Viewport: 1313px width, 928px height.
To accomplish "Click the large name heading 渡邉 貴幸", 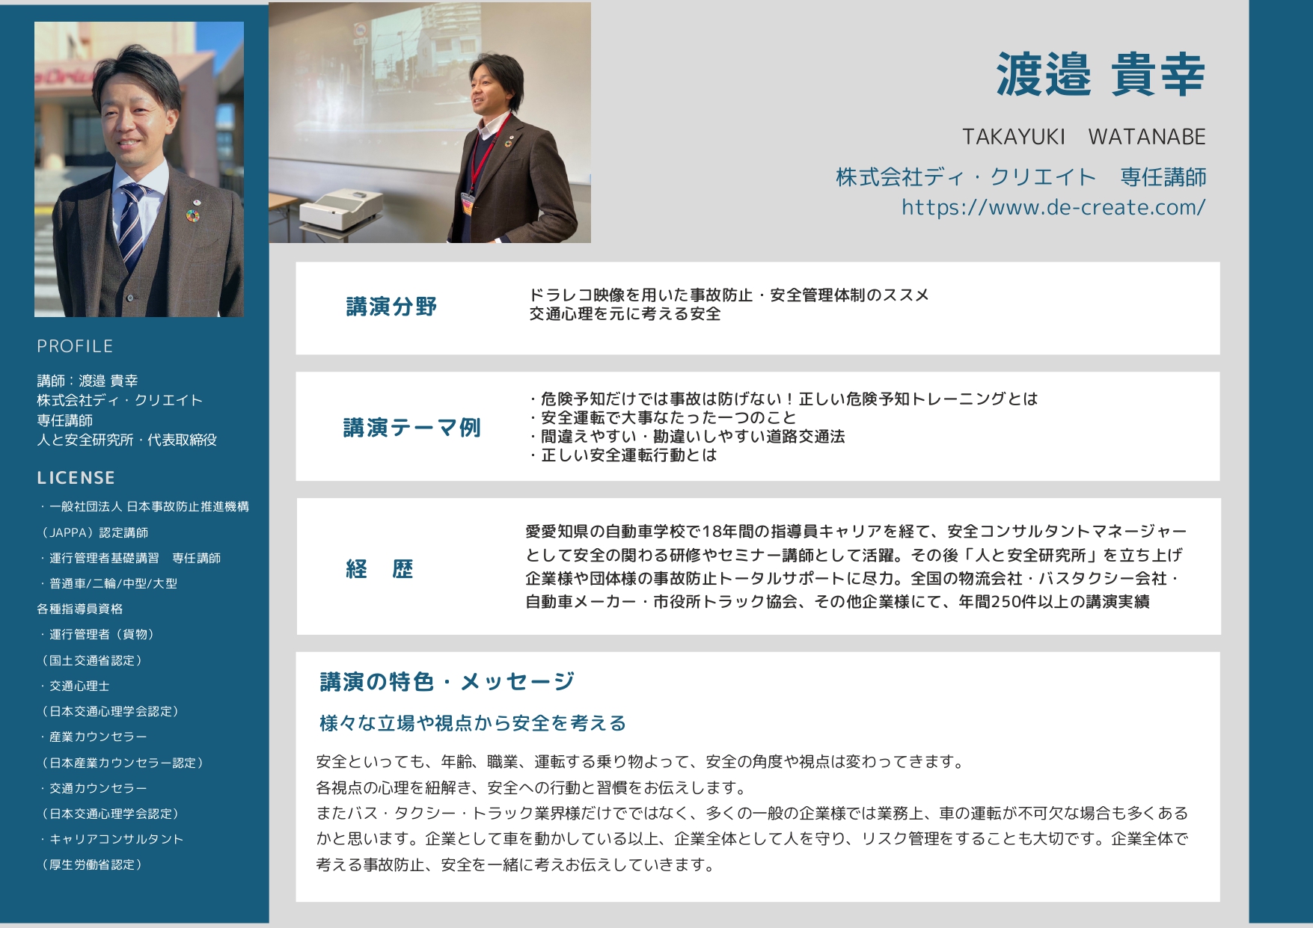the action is pos(1101,76).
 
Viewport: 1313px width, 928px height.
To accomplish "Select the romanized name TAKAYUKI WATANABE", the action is pos(1084,137).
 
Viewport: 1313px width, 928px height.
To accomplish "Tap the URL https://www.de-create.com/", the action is pos(1053,207).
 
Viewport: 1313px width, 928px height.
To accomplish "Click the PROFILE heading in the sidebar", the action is pos(75,346).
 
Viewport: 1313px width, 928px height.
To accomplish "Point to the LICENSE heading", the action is pos(76,478).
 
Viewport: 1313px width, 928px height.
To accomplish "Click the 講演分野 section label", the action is pos(391,307).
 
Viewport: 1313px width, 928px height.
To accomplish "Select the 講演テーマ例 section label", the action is pos(411,428).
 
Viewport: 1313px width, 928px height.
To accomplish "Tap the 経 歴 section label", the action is pos(379,569).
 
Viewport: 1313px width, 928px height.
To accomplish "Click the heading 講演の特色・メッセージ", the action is pos(447,681).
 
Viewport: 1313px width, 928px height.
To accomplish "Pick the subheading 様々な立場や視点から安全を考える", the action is pos(473,723).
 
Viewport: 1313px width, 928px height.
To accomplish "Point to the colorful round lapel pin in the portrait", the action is pos(193,216).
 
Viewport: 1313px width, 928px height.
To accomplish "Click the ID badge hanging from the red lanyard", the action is pos(468,203).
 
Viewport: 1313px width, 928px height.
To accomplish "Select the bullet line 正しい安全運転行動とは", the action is pos(623,455).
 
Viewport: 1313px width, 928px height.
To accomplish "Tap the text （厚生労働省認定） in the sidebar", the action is pos(92,864).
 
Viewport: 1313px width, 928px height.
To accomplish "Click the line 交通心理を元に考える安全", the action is pos(625,314).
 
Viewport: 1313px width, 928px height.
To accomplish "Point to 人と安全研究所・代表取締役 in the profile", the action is pos(127,440).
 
